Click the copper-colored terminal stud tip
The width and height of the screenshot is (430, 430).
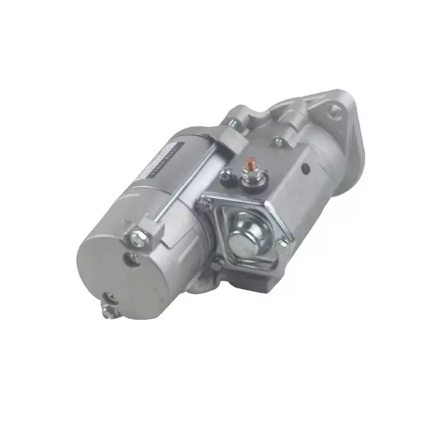(x=250, y=162)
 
